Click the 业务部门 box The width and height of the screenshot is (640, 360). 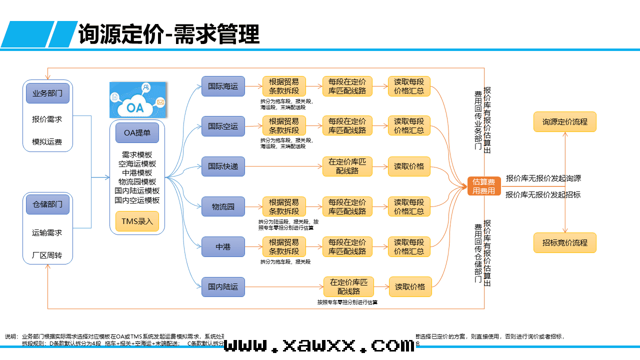click(x=47, y=93)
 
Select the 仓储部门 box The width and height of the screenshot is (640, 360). click(x=47, y=204)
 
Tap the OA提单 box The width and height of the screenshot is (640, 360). click(x=137, y=133)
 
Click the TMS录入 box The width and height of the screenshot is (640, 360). click(x=137, y=221)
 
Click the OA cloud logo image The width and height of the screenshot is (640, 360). click(x=137, y=100)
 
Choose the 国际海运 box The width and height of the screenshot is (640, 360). click(x=223, y=86)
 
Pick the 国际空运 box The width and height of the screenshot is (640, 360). click(x=223, y=126)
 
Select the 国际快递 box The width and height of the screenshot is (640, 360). click(x=223, y=166)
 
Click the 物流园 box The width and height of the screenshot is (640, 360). click(x=223, y=206)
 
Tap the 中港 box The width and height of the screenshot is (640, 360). click(x=223, y=246)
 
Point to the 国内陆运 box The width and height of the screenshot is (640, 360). click(x=223, y=287)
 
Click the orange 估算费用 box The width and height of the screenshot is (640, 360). click(x=484, y=186)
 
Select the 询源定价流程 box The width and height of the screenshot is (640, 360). click(x=565, y=121)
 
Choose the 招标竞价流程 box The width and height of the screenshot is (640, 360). click(x=565, y=243)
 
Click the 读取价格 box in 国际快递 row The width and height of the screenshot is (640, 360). click(x=409, y=166)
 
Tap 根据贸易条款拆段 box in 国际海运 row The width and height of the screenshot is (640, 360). click(x=284, y=86)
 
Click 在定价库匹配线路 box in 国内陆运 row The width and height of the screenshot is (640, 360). click(x=348, y=287)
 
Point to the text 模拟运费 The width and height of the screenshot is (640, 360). click(x=47, y=142)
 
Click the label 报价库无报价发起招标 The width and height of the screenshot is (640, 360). click(x=543, y=195)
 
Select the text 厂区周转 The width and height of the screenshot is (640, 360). click(x=47, y=255)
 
